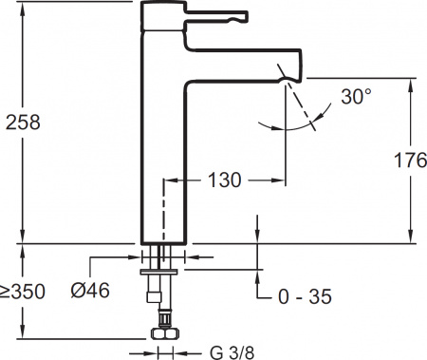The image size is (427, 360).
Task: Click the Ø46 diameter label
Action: pos(90,291)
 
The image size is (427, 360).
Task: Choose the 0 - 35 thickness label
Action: pos(306,297)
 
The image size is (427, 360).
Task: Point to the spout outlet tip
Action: pos(284,77)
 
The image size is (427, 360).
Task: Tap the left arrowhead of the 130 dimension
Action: pos(172,179)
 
